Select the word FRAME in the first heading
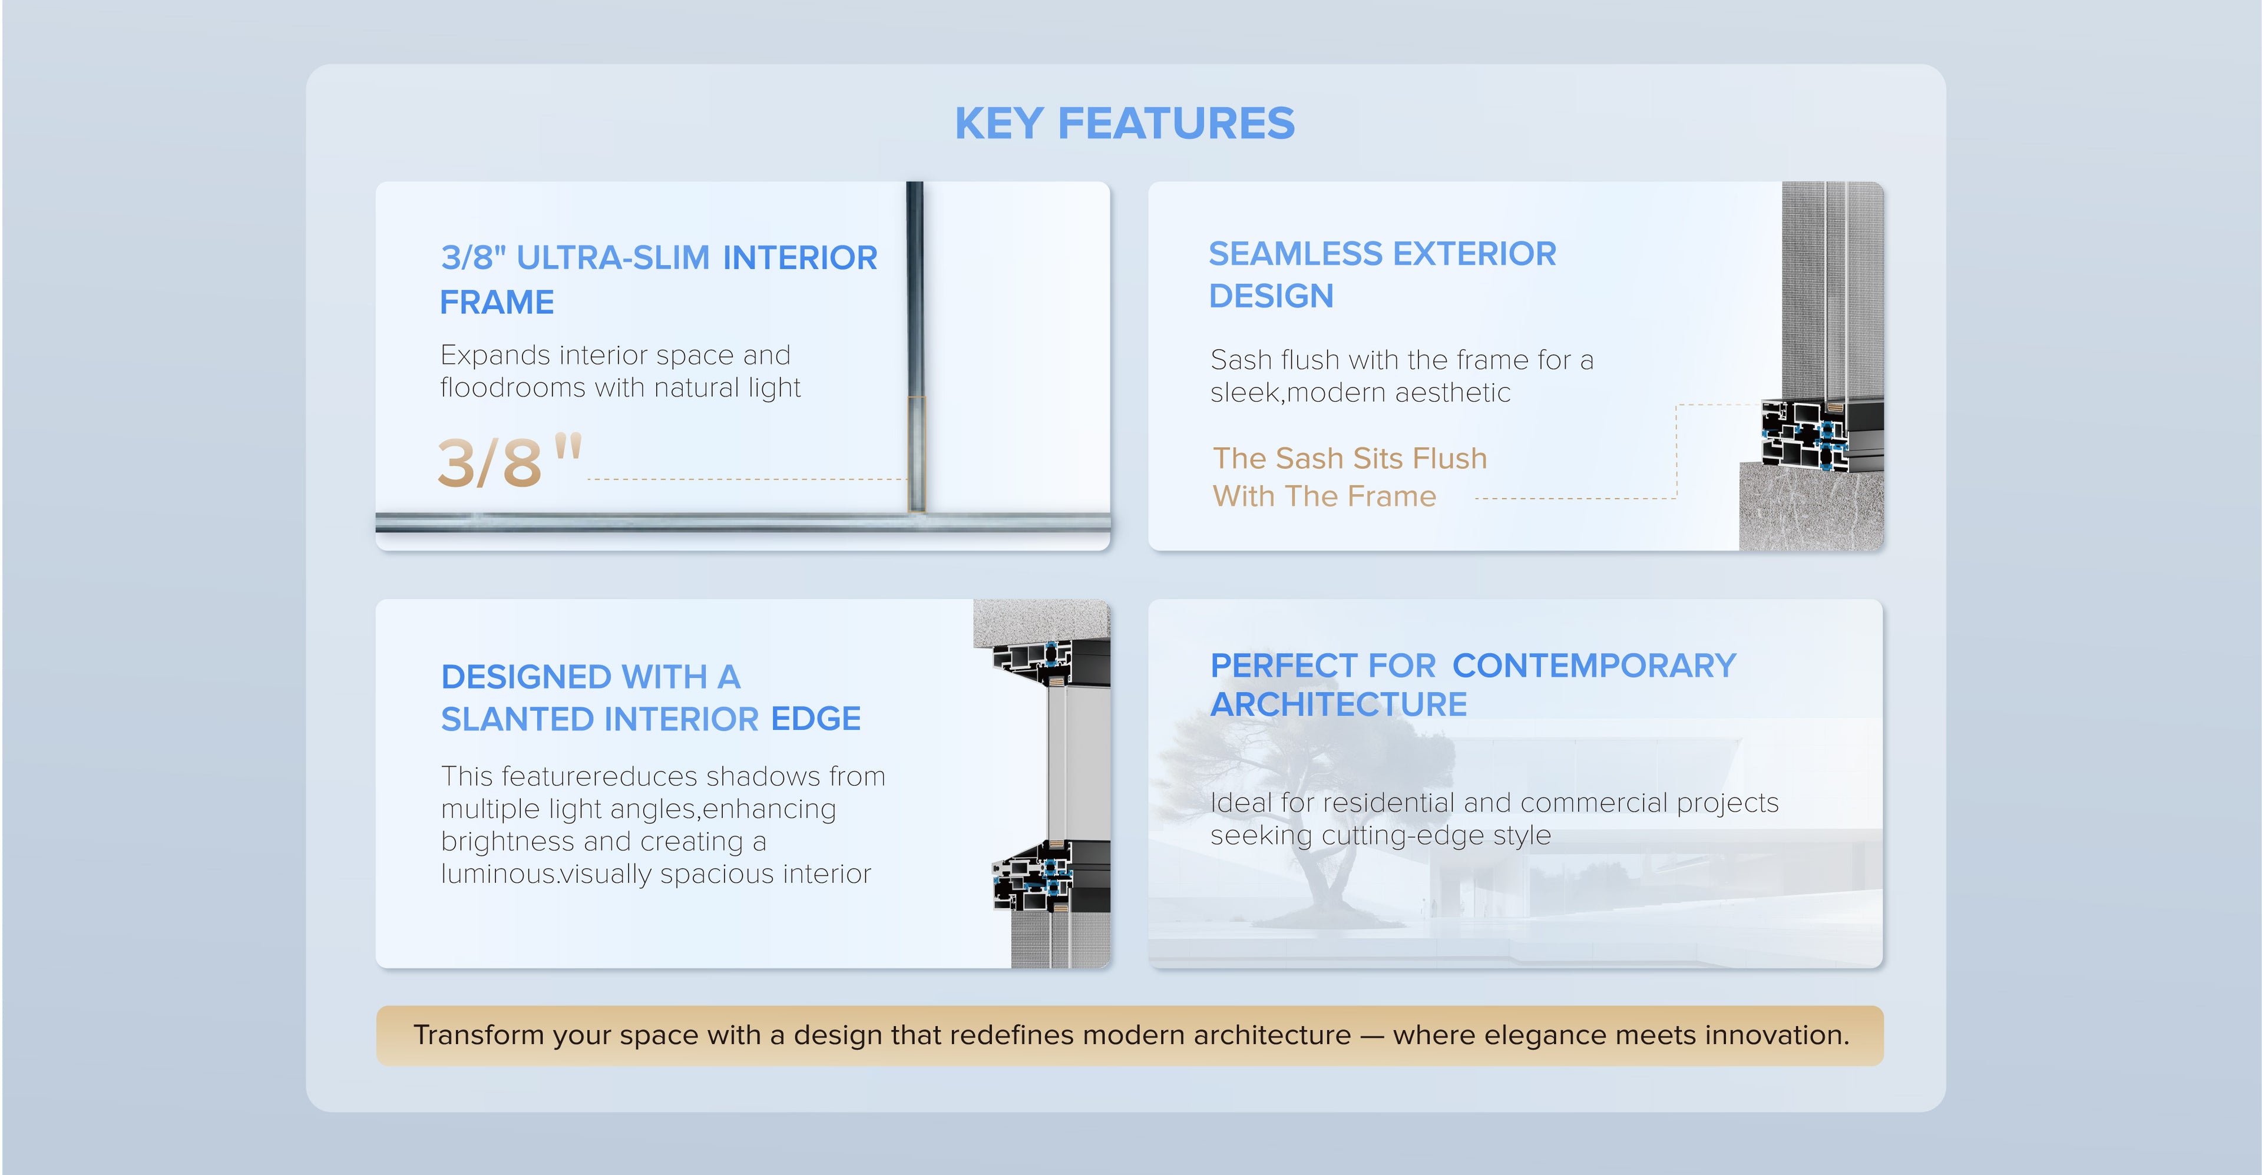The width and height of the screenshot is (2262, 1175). [497, 302]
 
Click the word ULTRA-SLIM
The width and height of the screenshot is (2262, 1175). [613, 257]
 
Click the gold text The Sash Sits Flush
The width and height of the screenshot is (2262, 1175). [1350, 458]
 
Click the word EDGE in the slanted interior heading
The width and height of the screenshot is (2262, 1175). [816, 719]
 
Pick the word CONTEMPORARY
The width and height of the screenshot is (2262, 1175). [1594, 666]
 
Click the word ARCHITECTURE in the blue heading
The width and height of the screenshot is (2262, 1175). [1338, 704]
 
